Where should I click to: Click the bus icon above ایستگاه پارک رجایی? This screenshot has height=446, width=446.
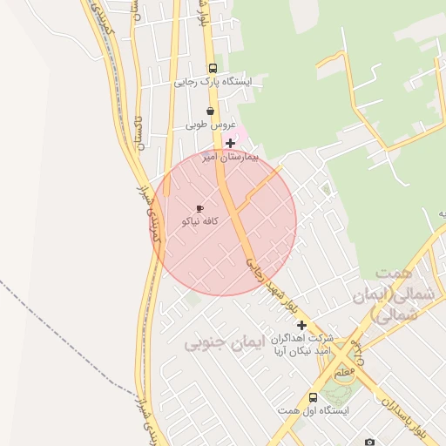(212, 68)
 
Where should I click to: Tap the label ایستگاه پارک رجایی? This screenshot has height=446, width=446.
(213, 83)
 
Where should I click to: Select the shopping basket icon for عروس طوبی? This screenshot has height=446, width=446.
(211, 111)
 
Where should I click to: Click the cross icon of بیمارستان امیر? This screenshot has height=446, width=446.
(230, 144)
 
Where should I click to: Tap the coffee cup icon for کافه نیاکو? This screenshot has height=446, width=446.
(199, 209)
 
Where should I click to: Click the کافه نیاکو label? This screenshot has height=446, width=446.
(199, 222)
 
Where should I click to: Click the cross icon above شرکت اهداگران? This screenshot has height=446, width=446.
(301, 324)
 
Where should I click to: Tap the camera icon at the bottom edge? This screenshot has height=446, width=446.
(369, 442)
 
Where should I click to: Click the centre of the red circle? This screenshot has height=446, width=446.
(224, 222)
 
